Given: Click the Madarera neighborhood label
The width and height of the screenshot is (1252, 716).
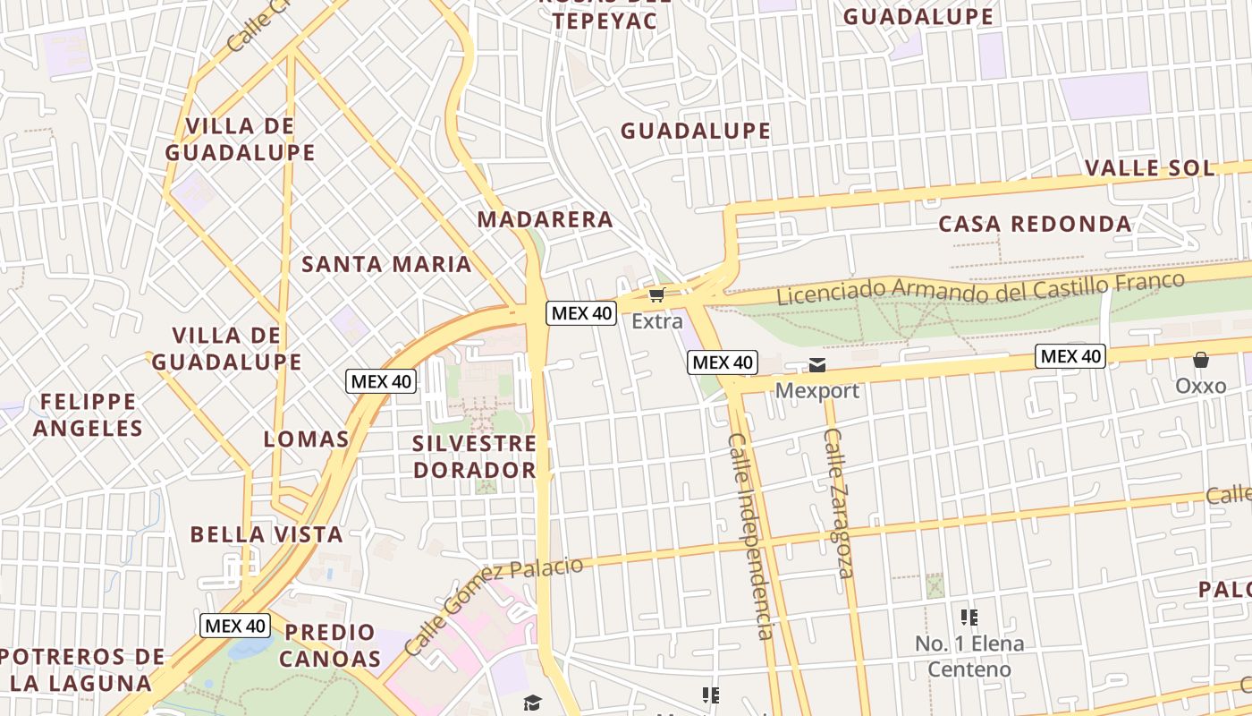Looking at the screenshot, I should (x=545, y=219).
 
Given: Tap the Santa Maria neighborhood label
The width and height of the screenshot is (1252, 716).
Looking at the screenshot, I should (x=386, y=264).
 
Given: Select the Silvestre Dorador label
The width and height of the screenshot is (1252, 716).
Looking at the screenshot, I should (x=474, y=456).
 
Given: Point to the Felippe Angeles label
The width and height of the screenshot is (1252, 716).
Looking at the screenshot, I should (x=88, y=414).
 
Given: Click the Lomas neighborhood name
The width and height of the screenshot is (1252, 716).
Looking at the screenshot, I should (x=306, y=439).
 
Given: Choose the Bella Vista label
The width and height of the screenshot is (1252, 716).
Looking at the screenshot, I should (x=266, y=534).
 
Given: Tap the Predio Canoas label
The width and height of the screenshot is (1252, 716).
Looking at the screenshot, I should (x=330, y=645).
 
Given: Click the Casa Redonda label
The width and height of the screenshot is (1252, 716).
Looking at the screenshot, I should (x=1035, y=224).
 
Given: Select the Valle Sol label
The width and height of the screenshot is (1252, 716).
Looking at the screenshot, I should (x=1150, y=168).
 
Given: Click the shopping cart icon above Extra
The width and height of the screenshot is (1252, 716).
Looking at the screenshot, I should (x=657, y=294).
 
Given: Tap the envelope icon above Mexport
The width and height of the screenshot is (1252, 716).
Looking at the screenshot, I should (x=817, y=364).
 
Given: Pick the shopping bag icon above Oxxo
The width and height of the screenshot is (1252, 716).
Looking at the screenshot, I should (x=1200, y=361).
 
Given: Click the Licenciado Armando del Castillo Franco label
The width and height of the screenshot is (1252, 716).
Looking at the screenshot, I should (x=980, y=288).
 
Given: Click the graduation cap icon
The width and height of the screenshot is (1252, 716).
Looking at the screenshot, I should (x=532, y=703).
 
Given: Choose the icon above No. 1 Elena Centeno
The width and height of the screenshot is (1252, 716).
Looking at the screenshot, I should (x=969, y=618).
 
